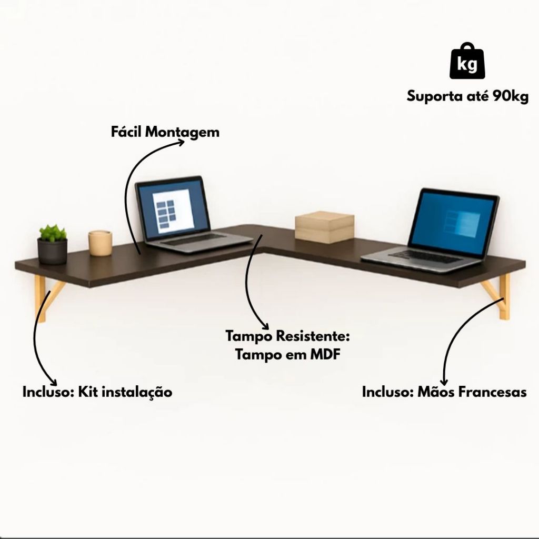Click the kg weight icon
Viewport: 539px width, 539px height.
(x=466, y=62)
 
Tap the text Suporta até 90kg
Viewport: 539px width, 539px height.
(x=467, y=97)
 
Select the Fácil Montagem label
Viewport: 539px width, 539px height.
(x=165, y=132)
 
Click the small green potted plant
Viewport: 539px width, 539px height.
(x=53, y=245)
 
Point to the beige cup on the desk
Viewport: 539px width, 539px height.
(x=100, y=243)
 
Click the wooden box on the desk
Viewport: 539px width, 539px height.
(x=324, y=227)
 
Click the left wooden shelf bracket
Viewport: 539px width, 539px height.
(x=45, y=297)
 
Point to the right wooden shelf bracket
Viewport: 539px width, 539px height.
(x=499, y=297)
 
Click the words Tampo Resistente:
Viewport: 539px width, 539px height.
(x=287, y=336)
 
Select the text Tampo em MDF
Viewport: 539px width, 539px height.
(x=287, y=354)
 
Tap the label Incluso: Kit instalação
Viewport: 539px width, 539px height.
(x=97, y=392)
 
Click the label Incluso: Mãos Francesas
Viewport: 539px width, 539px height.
(x=444, y=392)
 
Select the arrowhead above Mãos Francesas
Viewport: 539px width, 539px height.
(x=445, y=381)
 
